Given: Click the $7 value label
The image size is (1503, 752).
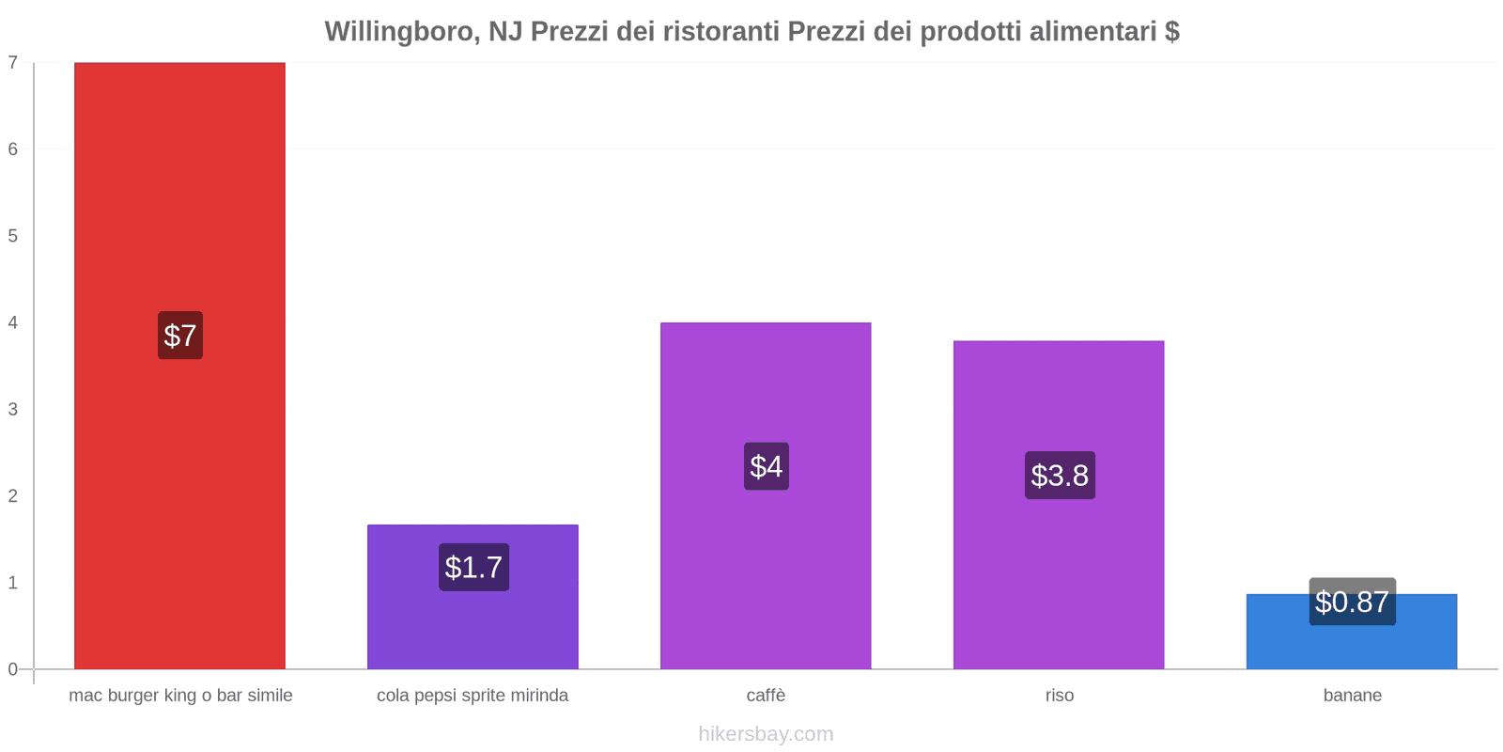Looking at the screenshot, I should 179,336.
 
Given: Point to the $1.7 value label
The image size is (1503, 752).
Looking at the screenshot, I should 473,567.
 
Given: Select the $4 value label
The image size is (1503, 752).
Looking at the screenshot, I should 766,466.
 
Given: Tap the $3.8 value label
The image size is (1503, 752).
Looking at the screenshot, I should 1060,475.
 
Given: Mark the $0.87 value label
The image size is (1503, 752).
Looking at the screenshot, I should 1352,602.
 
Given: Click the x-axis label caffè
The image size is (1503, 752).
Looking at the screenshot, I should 766,696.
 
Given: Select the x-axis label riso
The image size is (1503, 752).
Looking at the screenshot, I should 1059,696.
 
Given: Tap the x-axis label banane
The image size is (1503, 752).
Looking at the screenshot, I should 1352,696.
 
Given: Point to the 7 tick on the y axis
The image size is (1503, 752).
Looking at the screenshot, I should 13,63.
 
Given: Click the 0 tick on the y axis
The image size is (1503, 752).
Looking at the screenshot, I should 13,669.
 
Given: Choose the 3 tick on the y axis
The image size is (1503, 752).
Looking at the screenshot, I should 13,409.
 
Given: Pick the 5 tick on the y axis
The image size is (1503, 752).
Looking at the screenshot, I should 13,236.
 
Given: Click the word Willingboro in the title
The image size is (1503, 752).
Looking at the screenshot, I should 399,32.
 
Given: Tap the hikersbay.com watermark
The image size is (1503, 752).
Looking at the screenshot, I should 766,734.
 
